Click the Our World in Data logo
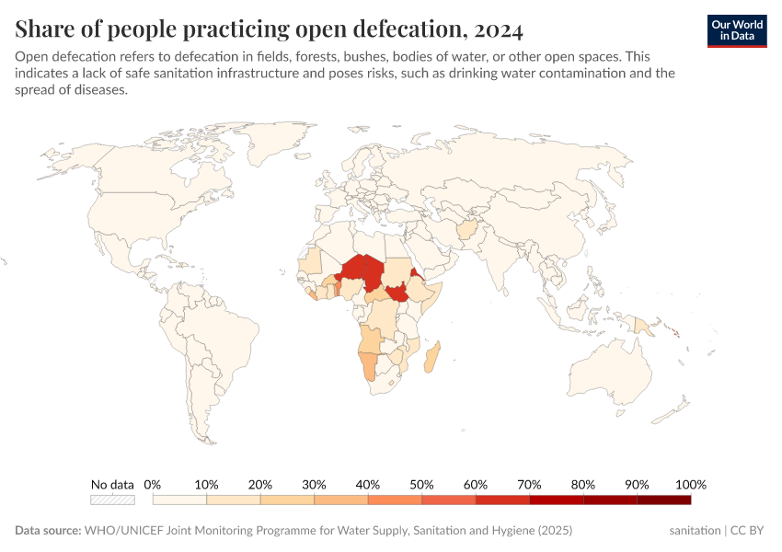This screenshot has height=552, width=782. click(x=737, y=30)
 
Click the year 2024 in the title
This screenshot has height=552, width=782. click(x=495, y=30)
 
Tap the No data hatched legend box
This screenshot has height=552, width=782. click(x=112, y=500)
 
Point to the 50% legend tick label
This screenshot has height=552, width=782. click(x=421, y=484)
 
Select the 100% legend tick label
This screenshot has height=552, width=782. click(x=690, y=484)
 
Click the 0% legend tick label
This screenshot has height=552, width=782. click(x=153, y=484)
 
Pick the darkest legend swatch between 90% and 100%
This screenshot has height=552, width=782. click(x=663, y=500)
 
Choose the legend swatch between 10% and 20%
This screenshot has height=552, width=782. click(x=234, y=500)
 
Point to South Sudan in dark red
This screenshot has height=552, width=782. click(x=398, y=294)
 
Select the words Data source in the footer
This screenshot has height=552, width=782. click(x=48, y=531)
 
